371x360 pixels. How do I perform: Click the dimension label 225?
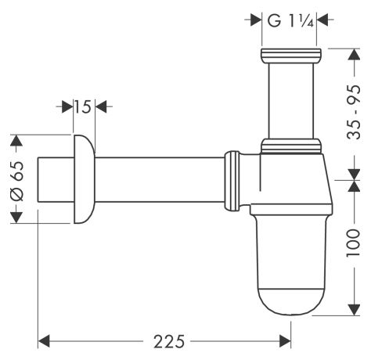(x=165, y=341)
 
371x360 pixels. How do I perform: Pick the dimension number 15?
(x=85, y=106)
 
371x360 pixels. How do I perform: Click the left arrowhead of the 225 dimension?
(x=45, y=341)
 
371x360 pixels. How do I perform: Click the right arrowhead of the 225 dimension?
(x=285, y=341)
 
